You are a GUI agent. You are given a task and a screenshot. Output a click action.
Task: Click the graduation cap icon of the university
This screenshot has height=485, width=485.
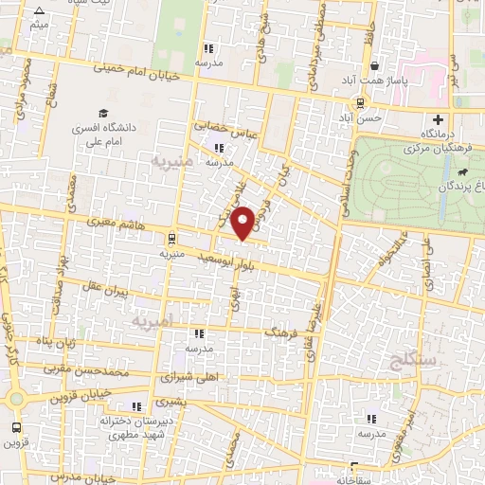tap(102, 113)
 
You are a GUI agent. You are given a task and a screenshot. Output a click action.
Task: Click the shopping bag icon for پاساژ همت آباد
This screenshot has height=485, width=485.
tap(377, 66)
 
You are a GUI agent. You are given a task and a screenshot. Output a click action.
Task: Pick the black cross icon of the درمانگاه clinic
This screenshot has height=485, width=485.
tap(437, 119)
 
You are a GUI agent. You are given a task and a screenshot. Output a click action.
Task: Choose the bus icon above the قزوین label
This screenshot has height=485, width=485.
tap(14, 426)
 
